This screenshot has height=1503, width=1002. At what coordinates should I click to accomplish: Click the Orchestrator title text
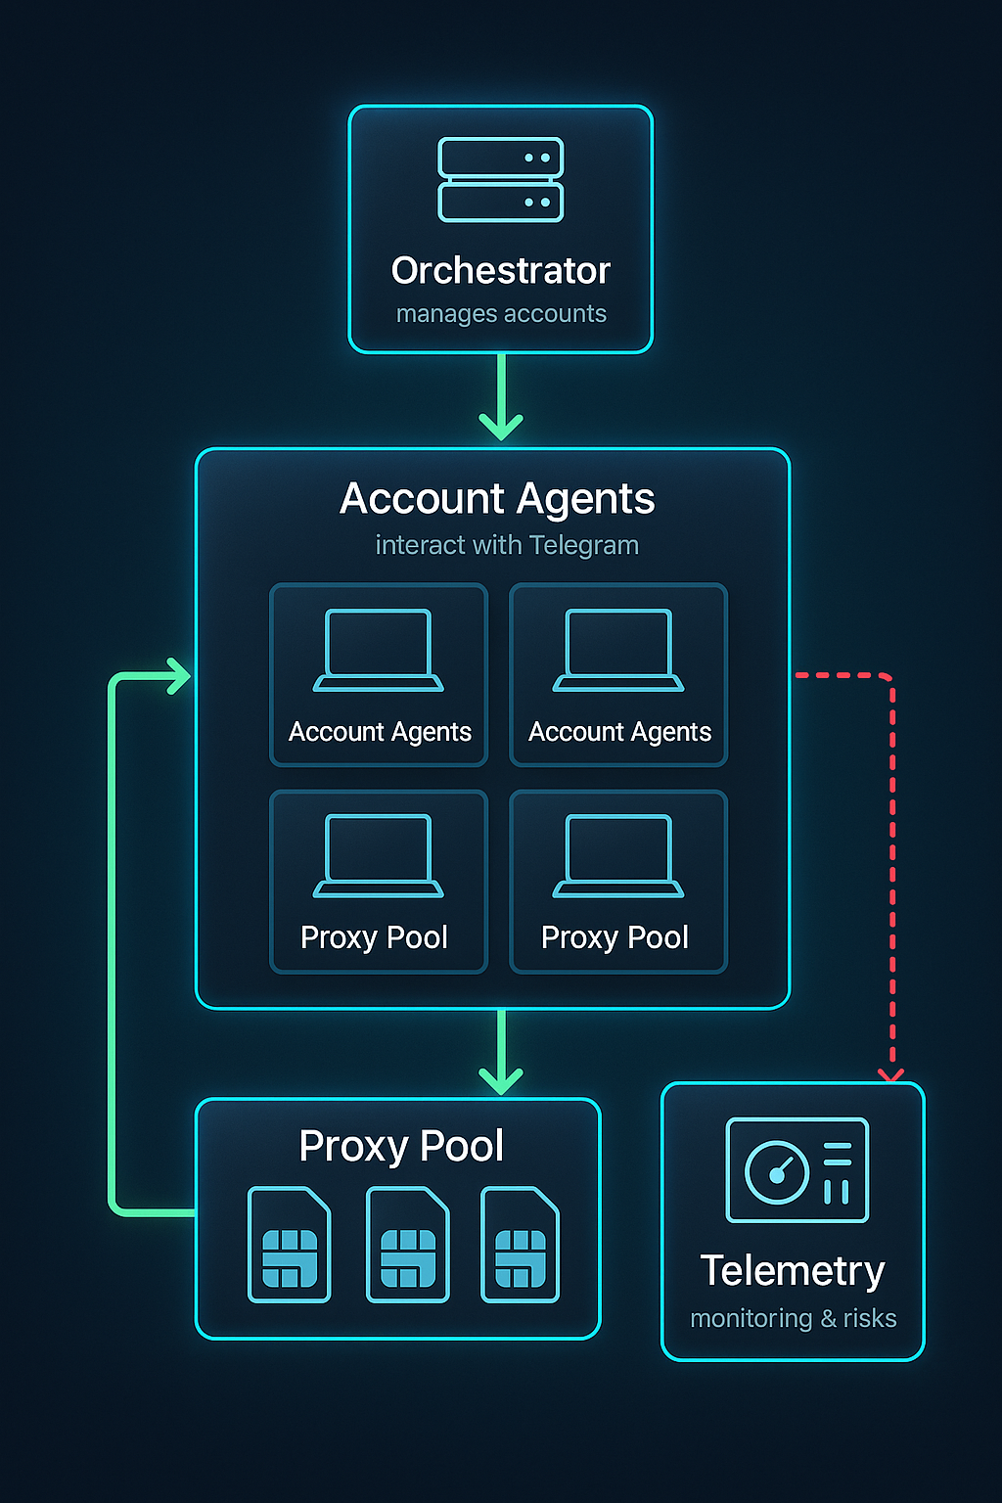point(501,271)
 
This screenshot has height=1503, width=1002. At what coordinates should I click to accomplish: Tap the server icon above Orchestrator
point(501,180)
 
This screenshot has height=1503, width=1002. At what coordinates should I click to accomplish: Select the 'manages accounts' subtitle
point(501,314)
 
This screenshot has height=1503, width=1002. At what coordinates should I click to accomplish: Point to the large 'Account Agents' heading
point(497,499)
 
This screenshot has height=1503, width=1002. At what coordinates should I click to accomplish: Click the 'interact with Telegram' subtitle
point(507,545)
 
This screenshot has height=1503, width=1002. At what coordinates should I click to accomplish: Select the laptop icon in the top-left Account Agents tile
point(379,651)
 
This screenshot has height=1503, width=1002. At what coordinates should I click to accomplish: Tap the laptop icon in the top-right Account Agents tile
point(618,651)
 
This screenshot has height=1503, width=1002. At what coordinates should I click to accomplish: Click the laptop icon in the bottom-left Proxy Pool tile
point(379,856)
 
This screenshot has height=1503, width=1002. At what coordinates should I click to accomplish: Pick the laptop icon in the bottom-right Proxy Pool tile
point(618,856)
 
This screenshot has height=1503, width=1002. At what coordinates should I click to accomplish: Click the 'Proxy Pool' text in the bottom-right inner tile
point(615,937)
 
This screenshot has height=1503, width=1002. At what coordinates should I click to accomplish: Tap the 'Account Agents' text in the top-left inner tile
point(380,732)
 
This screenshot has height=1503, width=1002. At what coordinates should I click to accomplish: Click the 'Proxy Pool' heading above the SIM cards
point(401,1146)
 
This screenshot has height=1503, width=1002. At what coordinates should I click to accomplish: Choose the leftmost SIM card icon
point(290,1245)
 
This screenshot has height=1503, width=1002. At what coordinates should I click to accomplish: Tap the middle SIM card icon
point(407,1245)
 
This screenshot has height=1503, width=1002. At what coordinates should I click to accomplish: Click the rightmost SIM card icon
point(521,1245)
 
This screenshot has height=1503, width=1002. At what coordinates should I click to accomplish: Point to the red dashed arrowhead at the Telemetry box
point(891,1074)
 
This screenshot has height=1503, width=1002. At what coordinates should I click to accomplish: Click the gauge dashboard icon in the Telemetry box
point(797,1170)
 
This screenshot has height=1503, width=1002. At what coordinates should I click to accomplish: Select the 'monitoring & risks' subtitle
point(794,1319)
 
